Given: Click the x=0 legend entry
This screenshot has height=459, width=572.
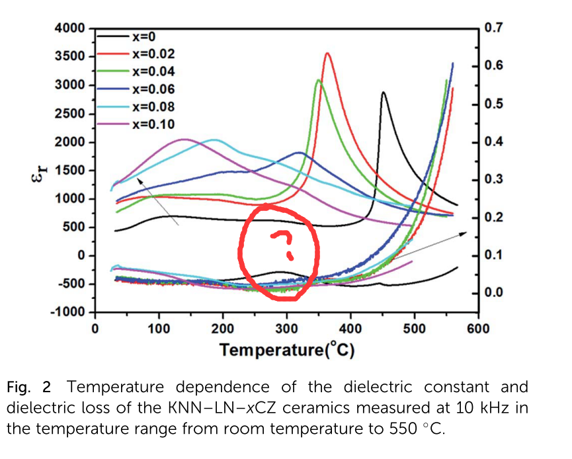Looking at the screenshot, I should pyautogui.click(x=143, y=37).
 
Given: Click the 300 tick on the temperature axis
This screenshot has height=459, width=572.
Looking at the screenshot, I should pyautogui.click(x=286, y=328).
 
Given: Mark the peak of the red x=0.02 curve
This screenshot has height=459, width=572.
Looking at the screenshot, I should pyautogui.click(x=327, y=54).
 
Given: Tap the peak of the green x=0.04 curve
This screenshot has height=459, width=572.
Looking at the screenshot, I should pyautogui.click(x=319, y=80).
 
